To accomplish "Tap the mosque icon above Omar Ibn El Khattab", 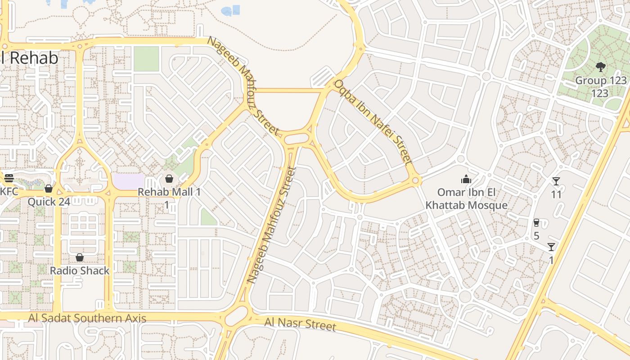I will tap(466, 180).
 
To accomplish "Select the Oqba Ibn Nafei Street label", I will tap(373, 122).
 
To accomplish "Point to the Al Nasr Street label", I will tap(300, 324).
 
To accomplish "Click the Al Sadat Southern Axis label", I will tap(87, 318).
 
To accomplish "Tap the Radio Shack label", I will tap(80, 270).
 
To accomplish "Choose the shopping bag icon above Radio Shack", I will tap(80, 257).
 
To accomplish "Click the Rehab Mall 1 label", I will tap(169, 192).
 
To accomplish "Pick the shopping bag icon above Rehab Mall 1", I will tap(169, 179).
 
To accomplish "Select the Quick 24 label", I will tap(49, 202).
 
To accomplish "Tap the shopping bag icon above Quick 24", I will tap(49, 188).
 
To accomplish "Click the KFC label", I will tap(9, 192).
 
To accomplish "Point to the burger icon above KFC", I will tap(9, 178).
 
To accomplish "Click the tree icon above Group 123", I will tap(600, 67).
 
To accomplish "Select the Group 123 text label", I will tap(601, 81).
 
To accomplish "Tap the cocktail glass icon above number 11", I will tap(556, 181).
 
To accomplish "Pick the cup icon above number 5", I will tap(536, 222).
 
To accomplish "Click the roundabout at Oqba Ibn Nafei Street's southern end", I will tap(416, 181).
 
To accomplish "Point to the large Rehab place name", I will tap(31, 58).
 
